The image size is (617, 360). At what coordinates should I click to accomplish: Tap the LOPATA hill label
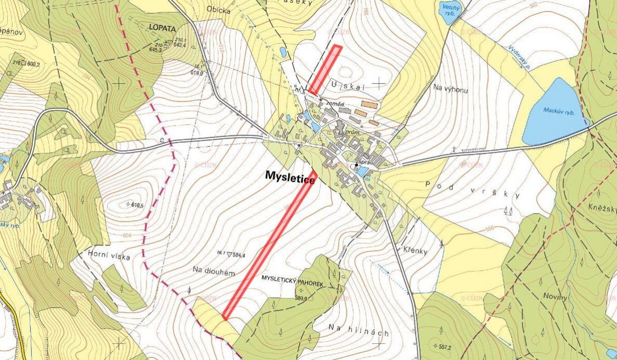162,28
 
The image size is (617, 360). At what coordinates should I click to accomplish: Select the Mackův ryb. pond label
558,111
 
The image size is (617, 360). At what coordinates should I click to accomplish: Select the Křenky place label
415,251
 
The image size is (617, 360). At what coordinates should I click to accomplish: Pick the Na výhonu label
450,90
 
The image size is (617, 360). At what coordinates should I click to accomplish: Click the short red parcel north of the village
325,70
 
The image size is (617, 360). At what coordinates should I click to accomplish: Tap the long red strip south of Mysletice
269,244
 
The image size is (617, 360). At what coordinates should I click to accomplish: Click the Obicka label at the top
218,8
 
